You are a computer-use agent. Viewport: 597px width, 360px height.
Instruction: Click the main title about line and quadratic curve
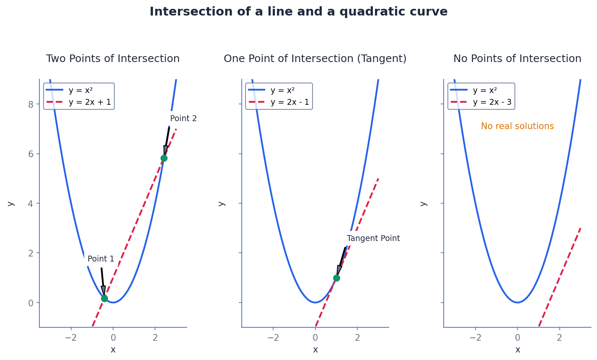pyautogui.click(x=298, y=12)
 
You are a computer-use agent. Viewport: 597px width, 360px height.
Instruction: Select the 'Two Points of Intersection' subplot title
pyautogui.click(x=113, y=59)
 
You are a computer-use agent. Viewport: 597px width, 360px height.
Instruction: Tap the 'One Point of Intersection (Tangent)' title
pyautogui.click(x=315, y=59)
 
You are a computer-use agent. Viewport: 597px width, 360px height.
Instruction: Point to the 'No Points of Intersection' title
pyautogui.click(x=517, y=59)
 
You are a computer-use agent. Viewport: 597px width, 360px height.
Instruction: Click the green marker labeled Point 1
pyautogui.click(x=104, y=298)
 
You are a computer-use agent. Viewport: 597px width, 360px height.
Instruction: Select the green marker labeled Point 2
pyautogui.click(x=164, y=158)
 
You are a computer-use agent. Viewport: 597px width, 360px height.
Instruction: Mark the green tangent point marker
pyautogui.click(x=336, y=278)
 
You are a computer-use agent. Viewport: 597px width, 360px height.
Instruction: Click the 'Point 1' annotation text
pyautogui.click(x=101, y=259)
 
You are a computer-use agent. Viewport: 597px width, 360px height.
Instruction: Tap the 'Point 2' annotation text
pyautogui.click(x=183, y=119)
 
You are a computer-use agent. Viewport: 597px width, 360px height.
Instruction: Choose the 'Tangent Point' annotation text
pyautogui.click(x=373, y=238)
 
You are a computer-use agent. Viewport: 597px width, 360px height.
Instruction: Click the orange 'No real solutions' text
pyautogui.click(x=517, y=126)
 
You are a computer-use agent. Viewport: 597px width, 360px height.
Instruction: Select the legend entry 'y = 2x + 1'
pyautogui.click(x=90, y=102)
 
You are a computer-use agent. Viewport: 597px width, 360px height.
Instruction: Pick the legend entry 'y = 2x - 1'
pyautogui.click(x=289, y=102)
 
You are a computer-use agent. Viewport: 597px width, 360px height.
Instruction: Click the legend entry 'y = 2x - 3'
pyautogui.click(x=492, y=102)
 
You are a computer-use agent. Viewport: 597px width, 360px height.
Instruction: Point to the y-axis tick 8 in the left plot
pyautogui.click(x=31, y=104)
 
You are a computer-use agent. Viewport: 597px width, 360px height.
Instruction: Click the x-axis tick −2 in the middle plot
pyautogui.click(x=273, y=338)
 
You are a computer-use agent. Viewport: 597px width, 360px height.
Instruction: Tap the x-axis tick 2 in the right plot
pyautogui.click(x=559, y=338)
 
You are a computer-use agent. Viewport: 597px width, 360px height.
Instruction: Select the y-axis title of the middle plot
pyautogui.click(x=222, y=204)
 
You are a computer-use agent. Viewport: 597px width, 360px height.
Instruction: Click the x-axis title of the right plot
pyautogui.click(x=517, y=350)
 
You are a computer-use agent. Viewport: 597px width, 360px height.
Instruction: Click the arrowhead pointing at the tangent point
pyautogui.click(x=339, y=270)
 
